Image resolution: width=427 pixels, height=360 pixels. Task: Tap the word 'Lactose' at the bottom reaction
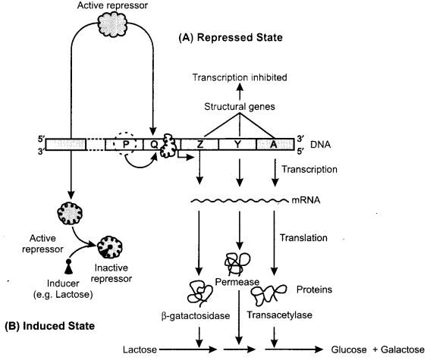point(141,351)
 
